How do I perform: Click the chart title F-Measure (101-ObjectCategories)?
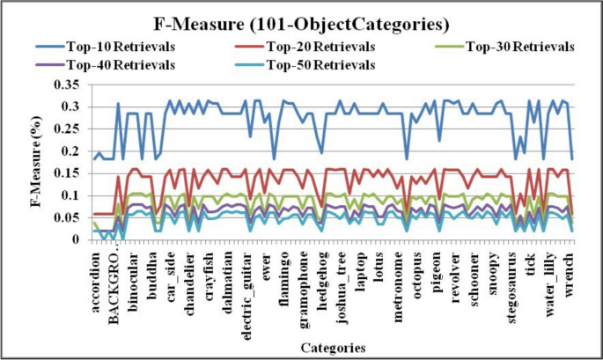click(302, 24)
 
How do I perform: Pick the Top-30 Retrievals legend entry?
click(519, 46)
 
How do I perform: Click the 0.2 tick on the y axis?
click(73, 151)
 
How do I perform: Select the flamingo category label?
click(285, 281)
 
